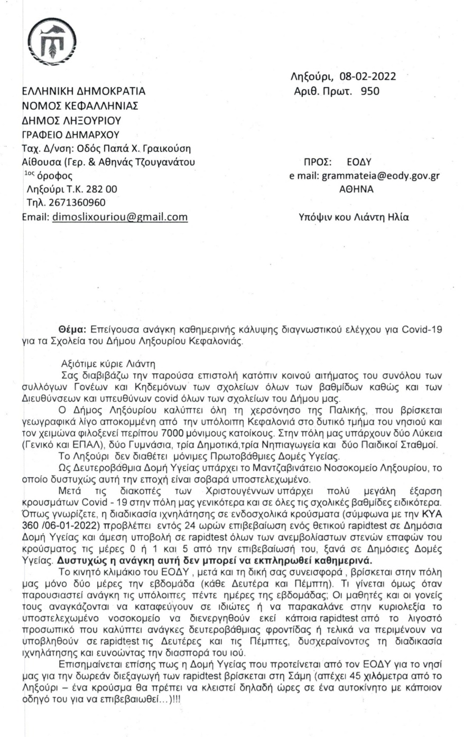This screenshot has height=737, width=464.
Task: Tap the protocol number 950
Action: click(x=369, y=90)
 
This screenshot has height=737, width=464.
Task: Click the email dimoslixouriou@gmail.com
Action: click(x=120, y=217)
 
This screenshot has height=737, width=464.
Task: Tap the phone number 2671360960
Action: click(x=77, y=203)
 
